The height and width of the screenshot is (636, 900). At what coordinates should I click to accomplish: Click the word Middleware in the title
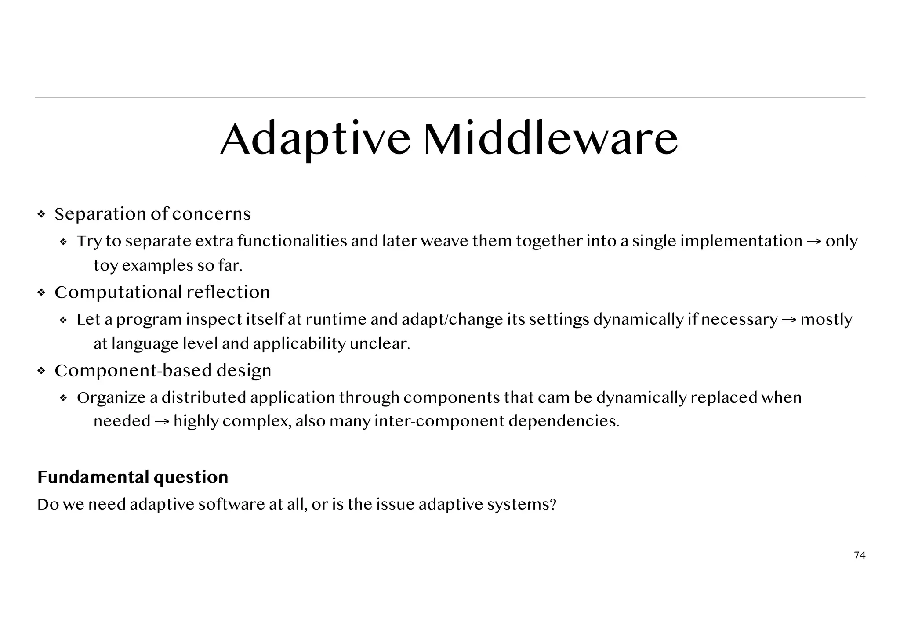click(551, 139)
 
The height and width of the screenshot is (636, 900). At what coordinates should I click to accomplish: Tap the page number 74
click(860, 556)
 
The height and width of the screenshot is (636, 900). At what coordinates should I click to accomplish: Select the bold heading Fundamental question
click(133, 477)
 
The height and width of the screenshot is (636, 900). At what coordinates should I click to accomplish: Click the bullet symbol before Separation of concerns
click(41, 215)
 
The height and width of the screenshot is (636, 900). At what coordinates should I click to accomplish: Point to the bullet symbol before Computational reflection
click(41, 293)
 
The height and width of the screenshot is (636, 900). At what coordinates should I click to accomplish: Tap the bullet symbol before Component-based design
click(41, 371)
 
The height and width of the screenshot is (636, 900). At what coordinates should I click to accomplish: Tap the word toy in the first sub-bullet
click(105, 266)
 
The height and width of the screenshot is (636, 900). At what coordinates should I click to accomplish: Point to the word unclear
click(380, 343)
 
